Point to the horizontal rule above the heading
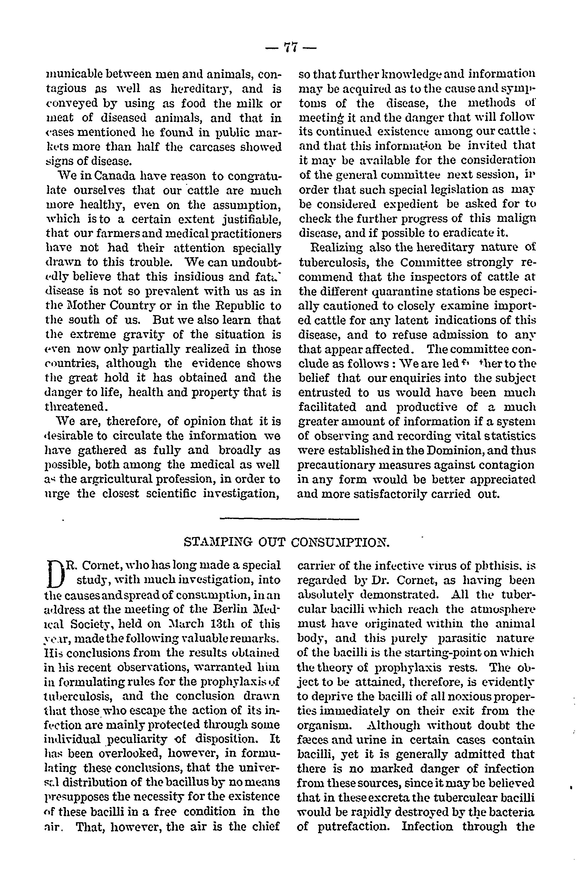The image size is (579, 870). (289, 519)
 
